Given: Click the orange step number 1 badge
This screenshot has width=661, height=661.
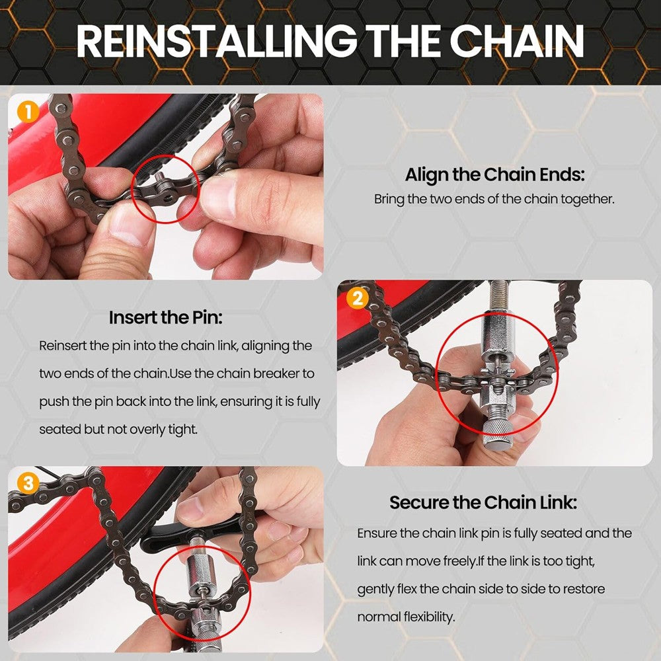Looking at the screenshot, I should [27, 112].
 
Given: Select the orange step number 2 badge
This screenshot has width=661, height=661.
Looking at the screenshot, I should [357, 298].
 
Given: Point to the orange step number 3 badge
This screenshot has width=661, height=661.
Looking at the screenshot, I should [27, 484].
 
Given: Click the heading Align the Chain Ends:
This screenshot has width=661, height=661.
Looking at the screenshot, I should [494, 175].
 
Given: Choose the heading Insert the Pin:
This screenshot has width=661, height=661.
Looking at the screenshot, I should [165, 317].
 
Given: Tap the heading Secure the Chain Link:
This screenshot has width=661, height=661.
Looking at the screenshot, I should [483, 502].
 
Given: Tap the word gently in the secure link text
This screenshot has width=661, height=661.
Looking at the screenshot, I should [379, 589].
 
